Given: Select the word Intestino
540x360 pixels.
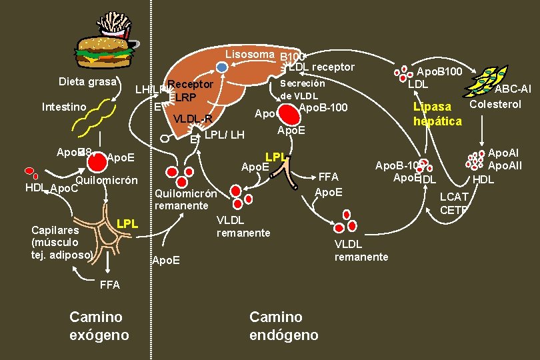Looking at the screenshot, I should click(x=64, y=107).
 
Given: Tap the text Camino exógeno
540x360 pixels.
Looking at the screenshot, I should click(x=99, y=325).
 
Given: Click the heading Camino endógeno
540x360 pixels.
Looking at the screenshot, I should click(x=283, y=326).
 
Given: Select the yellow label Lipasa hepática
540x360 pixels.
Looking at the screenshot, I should click(x=437, y=113).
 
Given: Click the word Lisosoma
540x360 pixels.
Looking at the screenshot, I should click(x=249, y=54).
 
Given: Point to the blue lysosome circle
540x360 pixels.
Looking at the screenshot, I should click(x=223, y=67).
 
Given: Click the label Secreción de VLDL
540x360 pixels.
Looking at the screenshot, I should click(x=303, y=89).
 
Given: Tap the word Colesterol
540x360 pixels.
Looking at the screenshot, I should click(x=495, y=104).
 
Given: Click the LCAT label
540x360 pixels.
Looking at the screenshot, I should click(x=453, y=197).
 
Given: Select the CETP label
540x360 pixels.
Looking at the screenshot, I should click(x=453, y=210).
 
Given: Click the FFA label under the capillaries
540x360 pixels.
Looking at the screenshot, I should click(x=109, y=285).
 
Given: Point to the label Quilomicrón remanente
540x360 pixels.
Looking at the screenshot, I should click(x=185, y=199).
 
